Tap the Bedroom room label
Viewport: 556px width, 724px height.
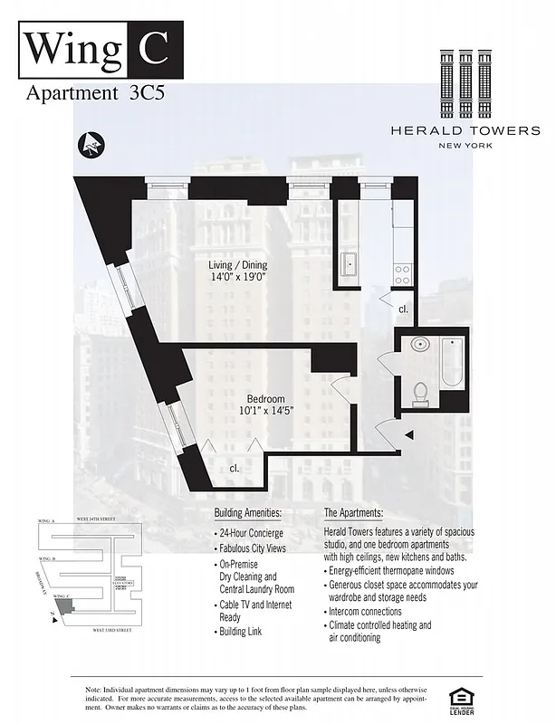(x=266, y=399)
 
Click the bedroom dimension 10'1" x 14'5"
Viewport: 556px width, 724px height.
(x=266, y=413)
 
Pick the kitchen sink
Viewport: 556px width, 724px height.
(x=350, y=265)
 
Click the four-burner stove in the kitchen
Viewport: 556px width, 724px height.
(x=403, y=269)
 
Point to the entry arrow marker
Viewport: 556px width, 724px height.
(x=409, y=435)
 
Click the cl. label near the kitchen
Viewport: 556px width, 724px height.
(x=403, y=310)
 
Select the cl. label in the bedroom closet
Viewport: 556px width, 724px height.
(x=234, y=468)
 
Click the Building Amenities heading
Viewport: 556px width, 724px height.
(x=247, y=513)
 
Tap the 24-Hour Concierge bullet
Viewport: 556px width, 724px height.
(x=249, y=533)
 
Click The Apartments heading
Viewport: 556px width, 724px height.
(x=359, y=513)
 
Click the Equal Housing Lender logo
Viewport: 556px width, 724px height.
(x=463, y=699)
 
